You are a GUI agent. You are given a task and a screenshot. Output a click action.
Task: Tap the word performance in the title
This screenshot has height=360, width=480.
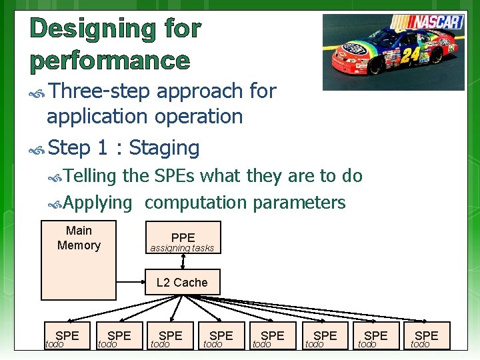pos(110,61)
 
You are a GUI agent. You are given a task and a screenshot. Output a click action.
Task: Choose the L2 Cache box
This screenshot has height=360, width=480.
pos(182,283)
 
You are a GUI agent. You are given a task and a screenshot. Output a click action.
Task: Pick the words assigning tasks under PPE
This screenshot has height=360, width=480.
pos(182,249)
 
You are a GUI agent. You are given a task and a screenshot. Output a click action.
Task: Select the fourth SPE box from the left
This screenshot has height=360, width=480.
pos(221,335)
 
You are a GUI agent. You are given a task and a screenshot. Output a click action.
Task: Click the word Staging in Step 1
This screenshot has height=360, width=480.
pos(164,147)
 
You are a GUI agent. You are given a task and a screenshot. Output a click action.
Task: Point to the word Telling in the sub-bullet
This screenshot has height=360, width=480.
pos(90,176)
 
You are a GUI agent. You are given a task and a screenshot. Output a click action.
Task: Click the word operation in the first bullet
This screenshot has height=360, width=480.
pos(199,117)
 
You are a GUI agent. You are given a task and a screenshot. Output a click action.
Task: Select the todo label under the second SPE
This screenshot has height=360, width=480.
pos(107,344)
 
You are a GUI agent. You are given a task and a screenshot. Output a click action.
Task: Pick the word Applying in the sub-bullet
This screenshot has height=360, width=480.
pos(98,203)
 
